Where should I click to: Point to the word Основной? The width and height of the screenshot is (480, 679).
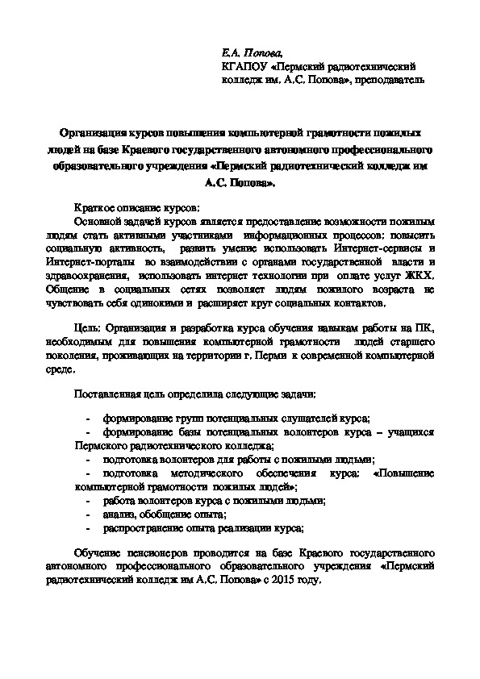pos(99,220)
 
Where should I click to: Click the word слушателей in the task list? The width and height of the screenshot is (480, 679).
pos(290,419)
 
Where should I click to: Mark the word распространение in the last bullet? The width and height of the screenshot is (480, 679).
pos(140,528)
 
